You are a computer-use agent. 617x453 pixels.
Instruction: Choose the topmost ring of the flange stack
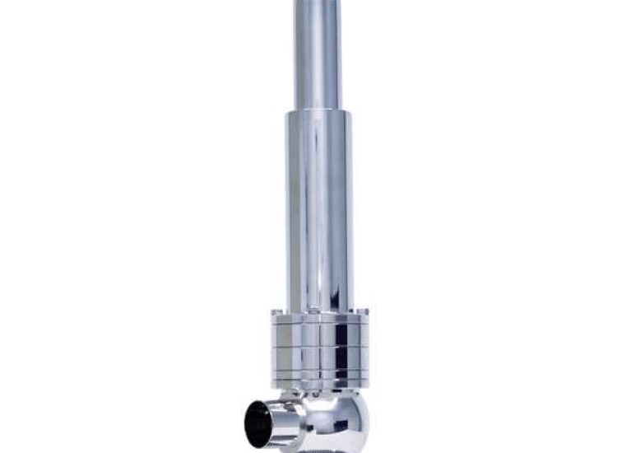[x=318, y=316]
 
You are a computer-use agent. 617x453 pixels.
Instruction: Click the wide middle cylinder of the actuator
[x=319, y=206]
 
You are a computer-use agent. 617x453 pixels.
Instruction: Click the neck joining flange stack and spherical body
[x=321, y=394]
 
